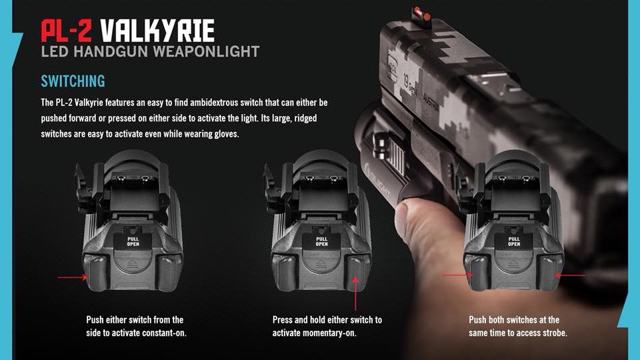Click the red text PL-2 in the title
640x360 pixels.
(67, 31)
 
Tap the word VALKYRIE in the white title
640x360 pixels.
(157, 31)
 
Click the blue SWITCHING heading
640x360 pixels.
(73, 81)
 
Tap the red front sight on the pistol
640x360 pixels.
(422, 15)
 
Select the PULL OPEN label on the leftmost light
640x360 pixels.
(133, 241)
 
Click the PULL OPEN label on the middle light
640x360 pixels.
(321, 241)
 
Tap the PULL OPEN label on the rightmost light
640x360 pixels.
(514, 241)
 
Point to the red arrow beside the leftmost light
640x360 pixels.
(73, 277)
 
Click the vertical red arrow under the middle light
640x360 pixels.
(355, 293)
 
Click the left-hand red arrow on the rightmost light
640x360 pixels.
(458, 275)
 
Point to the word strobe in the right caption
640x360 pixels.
(554, 333)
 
